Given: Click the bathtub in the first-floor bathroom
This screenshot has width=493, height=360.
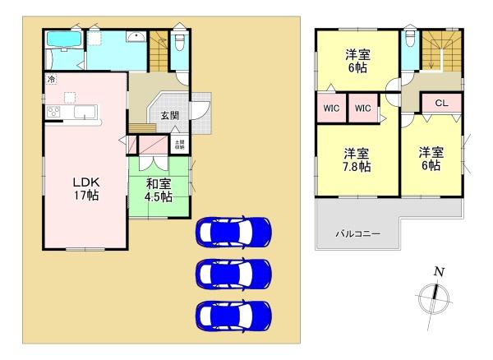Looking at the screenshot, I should (62, 40).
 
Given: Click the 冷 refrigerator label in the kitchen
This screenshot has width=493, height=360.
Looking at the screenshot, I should (52, 80).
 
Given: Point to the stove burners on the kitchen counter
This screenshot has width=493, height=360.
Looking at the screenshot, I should (55, 112).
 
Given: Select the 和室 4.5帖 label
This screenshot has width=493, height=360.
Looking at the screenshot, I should (159, 190).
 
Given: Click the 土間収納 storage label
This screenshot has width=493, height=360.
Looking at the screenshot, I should (178, 145).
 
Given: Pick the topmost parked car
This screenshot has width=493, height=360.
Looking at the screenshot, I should (233, 232).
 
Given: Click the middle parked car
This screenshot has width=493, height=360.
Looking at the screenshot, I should (233, 272).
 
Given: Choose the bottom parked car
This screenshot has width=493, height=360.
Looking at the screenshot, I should (233, 313).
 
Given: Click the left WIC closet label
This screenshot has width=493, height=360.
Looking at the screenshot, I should (330, 108).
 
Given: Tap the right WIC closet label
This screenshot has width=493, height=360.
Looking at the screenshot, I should (363, 108).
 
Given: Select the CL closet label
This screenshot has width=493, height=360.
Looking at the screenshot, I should (440, 104).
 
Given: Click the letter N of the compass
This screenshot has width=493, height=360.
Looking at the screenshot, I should (439, 273).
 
